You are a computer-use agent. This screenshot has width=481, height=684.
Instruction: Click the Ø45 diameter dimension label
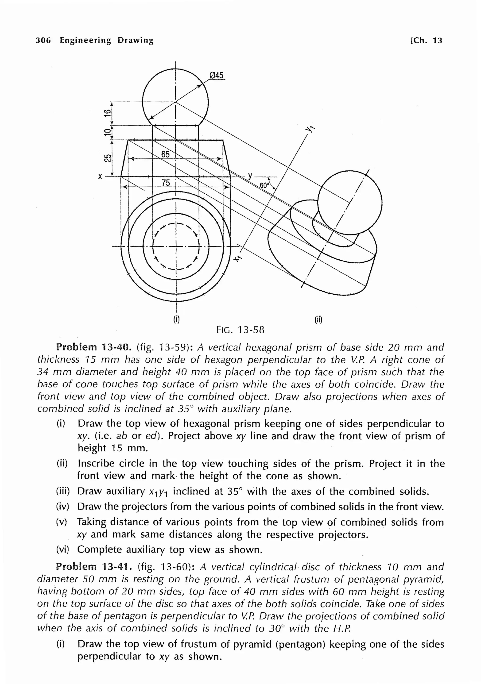click(x=217, y=75)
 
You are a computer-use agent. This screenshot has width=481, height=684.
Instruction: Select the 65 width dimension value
click(x=165, y=154)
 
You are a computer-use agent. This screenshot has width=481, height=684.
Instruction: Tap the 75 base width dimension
click(x=166, y=183)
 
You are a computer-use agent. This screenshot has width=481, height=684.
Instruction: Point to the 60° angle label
click(x=264, y=185)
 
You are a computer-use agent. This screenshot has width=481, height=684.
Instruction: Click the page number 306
click(x=43, y=40)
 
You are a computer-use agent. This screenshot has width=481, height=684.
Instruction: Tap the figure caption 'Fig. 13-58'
click(x=240, y=330)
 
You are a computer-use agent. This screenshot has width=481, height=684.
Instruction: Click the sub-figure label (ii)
click(x=318, y=320)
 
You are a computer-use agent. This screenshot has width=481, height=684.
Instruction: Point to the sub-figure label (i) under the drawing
click(x=176, y=320)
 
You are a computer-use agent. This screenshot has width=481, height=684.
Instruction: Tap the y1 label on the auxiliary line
click(x=310, y=129)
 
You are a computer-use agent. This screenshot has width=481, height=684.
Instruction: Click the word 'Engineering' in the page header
click(x=85, y=40)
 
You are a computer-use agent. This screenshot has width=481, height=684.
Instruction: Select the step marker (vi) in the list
click(x=62, y=549)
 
